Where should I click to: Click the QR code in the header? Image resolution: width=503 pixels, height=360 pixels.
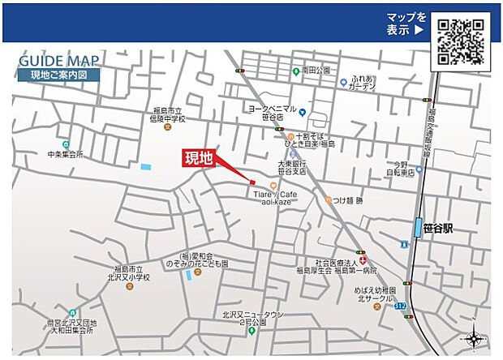(x=462, y=38)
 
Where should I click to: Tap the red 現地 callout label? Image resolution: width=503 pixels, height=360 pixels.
(x=198, y=159)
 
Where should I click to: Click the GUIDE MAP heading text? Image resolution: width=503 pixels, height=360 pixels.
(x=59, y=61)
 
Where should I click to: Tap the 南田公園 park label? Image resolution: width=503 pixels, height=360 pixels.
(x=315, y=71)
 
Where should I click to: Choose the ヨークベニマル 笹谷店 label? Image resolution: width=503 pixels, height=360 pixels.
(x=272, y=112)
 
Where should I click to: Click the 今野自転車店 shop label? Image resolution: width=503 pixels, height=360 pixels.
(x=399, y=167)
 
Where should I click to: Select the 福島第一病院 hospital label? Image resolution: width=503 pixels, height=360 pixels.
(x=347, y=267)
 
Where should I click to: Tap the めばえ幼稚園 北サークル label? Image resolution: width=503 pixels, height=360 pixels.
(x=375, y=293)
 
